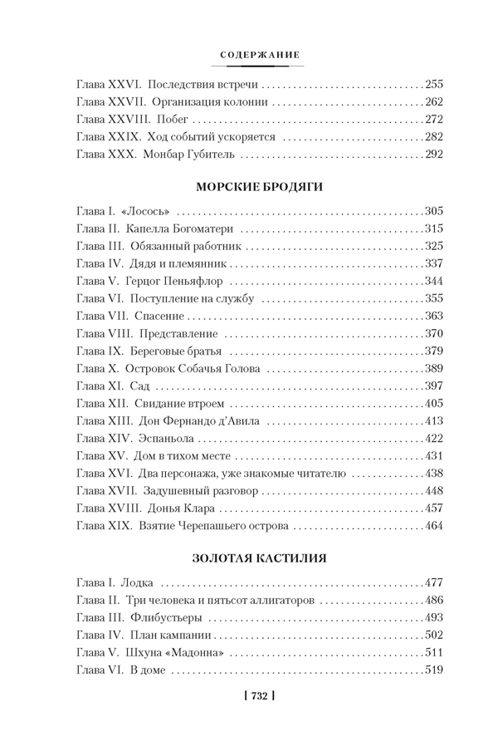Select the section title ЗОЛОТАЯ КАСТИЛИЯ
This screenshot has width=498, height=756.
[261, 557]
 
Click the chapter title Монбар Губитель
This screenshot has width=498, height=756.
[189, 155]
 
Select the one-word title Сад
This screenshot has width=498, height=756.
[139, 385]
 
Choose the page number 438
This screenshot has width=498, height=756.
[434, 473]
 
